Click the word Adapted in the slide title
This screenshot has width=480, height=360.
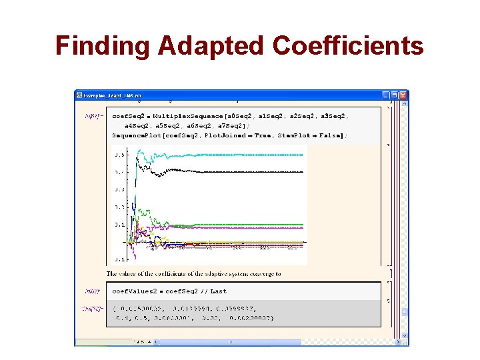tap(211, 46)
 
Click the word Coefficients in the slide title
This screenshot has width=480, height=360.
tap(348, 46)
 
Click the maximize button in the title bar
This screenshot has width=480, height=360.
tap(394, 95)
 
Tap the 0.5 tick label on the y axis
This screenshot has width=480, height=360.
tap(119, 155)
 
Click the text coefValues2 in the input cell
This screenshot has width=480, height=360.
tap(133, 291)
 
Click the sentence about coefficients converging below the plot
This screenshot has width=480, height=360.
tap(193, 273)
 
